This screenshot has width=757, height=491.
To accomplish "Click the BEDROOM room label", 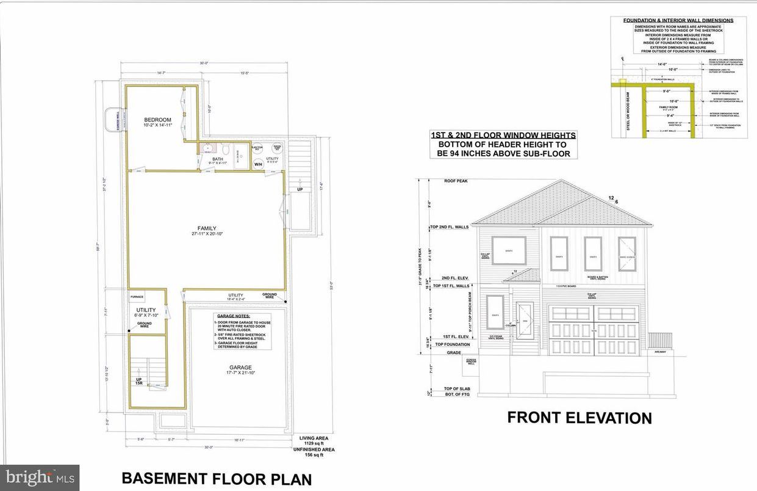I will [157, 119].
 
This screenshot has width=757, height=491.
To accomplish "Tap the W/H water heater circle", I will [258, 164].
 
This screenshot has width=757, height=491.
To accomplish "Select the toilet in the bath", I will [226, 149].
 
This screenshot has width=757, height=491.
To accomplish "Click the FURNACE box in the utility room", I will [137, 297].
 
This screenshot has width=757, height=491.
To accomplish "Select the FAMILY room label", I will [207, 228].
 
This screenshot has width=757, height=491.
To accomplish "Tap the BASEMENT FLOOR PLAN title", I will [217, 478].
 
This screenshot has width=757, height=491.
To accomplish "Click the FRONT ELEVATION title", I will [579, 418].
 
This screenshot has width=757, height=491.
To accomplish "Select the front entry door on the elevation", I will [524, 321].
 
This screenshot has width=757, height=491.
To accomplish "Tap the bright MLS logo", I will [39, 477].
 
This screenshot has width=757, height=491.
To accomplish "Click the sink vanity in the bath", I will [207, 148].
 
